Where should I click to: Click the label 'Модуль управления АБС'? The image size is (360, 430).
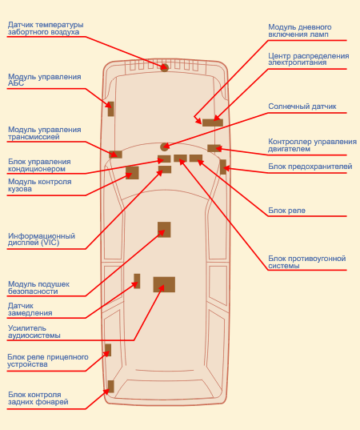click(44, 80)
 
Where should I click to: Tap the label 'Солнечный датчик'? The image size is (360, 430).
click(302, 106)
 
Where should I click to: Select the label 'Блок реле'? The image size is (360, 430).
click(286, 211)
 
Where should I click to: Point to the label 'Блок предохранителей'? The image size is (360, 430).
click(310, 167)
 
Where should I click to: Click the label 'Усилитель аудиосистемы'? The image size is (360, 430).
click(34, 332)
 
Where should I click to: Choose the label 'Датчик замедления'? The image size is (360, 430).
click(30, 309)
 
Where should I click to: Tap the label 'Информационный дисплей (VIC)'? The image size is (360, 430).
click(42, 239)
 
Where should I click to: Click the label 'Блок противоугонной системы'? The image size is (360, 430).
click(307, 262)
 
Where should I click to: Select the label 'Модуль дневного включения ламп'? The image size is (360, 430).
click(300, 30)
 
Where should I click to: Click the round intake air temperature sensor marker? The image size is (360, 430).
click(164, 67)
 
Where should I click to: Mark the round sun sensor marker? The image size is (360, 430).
click(164, 147)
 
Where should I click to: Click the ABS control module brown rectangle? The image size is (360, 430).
click(110, 109)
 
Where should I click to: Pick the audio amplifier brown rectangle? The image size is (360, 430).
click(164, 284)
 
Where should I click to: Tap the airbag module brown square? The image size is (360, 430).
click(164, 230)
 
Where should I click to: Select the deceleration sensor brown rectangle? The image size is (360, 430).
click(137, 281)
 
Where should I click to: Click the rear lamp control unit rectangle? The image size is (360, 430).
click(110, 387)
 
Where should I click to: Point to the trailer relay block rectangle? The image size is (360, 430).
click(108, 350)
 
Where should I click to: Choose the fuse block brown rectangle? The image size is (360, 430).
click(223, 167)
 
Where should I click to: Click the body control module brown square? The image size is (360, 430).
click(132, 173)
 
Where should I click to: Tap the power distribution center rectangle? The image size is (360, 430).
click(213, 123)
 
